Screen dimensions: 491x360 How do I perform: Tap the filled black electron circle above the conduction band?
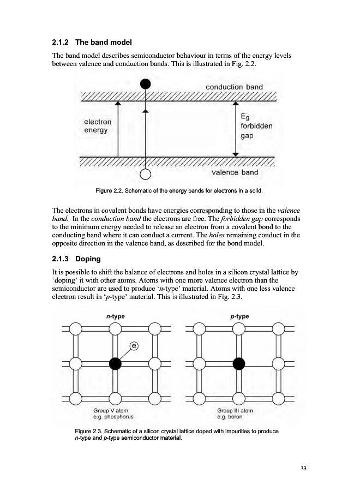(145, 83)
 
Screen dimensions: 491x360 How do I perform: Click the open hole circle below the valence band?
(145, 175)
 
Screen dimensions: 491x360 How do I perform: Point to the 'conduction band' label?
(234, 87)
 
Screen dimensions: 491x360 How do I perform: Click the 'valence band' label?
(235, 172)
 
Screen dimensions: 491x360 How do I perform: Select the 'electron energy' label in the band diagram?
(98, 126)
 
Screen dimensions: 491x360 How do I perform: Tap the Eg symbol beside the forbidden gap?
(245, 116)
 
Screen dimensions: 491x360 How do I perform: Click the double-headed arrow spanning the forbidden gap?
(235, 129)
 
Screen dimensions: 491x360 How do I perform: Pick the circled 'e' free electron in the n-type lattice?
(134, 346)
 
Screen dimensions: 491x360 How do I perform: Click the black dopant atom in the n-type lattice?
(115, 363)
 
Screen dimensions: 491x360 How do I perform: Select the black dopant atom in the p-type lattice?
(238, 363)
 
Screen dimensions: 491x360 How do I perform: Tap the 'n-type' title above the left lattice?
(115, 316)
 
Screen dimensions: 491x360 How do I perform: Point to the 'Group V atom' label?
(111, 410)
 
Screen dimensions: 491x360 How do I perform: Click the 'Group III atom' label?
(235, 410)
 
